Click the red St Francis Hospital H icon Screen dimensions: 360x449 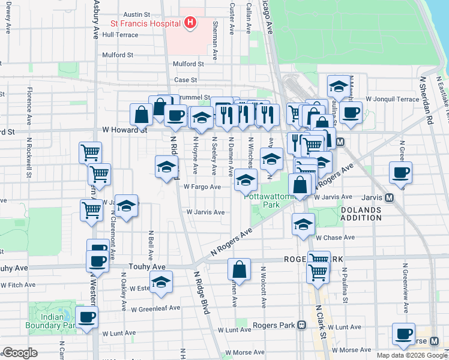[190, 23]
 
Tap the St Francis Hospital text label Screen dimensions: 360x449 [145, 24]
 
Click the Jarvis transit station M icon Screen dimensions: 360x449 [389, 197]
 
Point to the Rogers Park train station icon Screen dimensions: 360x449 [302, 325]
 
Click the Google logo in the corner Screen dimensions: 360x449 [20, 352]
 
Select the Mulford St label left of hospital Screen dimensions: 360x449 [118, 55]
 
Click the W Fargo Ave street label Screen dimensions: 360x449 [202, 187]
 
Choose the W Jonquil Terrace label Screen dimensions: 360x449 [392, 98]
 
